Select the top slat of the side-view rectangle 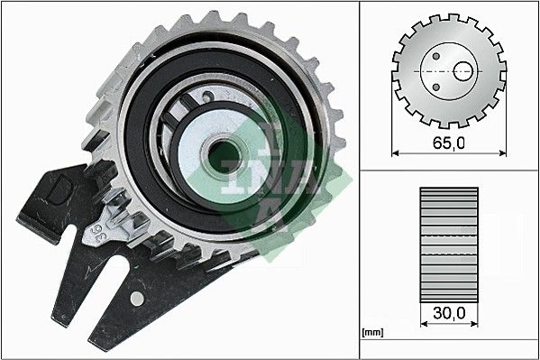pos(448,193)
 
